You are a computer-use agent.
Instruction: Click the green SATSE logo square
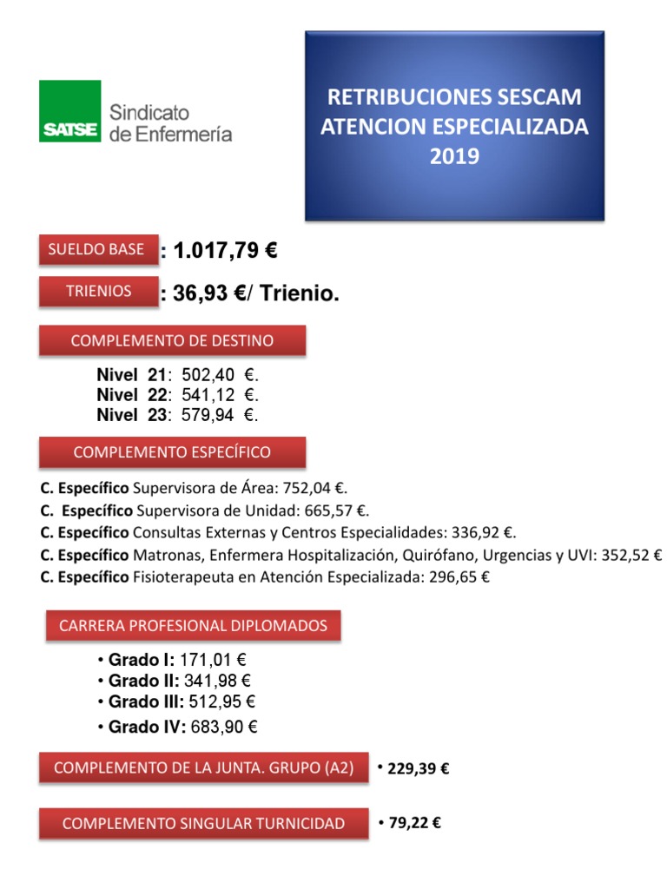coord(69,111)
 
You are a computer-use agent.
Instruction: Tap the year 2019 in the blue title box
coord(453,157)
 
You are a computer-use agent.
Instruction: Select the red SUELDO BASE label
coord(97,249)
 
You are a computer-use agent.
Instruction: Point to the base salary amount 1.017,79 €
coord(225,252)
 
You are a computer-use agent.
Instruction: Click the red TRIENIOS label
coord(97,291)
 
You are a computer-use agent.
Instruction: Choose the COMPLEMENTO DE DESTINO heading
coord(172,340)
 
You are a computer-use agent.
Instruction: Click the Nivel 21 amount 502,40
coord(208,375)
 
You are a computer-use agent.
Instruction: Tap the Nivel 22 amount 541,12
coord(208,395)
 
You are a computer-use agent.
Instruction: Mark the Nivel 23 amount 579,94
coord(208,415)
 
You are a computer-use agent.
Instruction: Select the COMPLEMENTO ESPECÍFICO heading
coord(172,452)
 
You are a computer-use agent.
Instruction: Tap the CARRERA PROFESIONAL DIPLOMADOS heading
coord(193,625)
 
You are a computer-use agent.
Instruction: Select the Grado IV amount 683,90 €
coord(224,727)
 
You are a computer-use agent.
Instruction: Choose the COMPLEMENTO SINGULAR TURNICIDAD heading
coord(203,823)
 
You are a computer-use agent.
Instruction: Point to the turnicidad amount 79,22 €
coord(414,823)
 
